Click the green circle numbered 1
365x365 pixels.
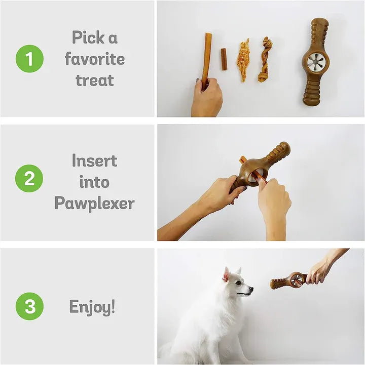tap(29, 59)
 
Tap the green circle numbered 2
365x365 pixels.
tap(29, 179)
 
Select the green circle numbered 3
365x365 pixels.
tap(29, 306)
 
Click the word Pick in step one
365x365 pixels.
tap(87, 37)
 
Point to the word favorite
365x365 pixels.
tap(95, 59)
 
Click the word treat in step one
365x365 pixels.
tap(95, 80)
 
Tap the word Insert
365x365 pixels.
tap(94, 160)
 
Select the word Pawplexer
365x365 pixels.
tap(94, 204)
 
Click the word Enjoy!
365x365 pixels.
tap(92, 306)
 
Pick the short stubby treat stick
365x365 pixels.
tap(224, 59)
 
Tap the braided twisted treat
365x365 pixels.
tap(265, 59)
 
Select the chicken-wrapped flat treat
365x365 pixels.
tap(244, 60)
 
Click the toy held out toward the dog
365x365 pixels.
tap(289, 280)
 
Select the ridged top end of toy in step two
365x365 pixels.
tap(278, 152)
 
